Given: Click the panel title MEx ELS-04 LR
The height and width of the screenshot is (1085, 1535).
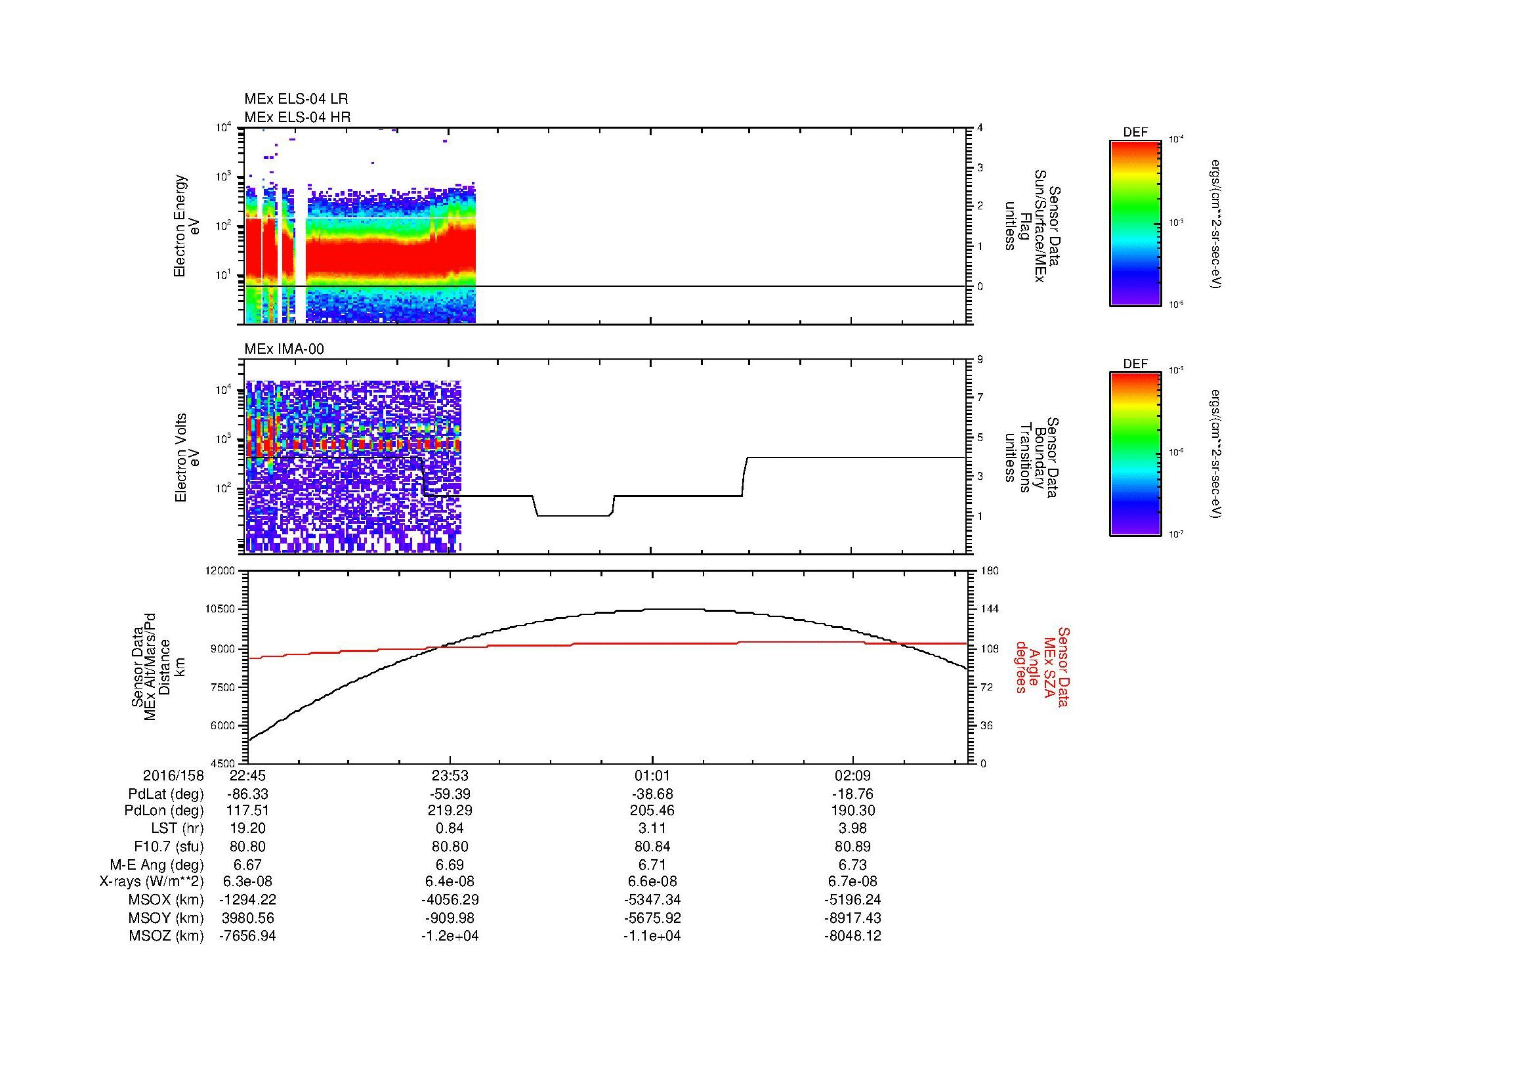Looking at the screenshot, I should coord(295,99).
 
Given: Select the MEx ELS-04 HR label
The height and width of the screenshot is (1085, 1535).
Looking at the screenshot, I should coord(297,117).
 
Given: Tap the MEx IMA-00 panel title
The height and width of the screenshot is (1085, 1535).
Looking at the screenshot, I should coord(284,349).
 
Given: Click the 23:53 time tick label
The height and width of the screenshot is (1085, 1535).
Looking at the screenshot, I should coord(450,776).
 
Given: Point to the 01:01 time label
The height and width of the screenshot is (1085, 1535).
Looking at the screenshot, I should coord(652,776).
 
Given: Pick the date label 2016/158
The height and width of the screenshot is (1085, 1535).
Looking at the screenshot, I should coord(173,776).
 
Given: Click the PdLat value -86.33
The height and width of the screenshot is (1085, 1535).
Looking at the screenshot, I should coord(248,794).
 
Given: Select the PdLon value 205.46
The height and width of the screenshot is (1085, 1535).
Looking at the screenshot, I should coord(652,811).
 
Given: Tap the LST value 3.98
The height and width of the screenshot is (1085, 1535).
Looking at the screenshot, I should coord(853,829).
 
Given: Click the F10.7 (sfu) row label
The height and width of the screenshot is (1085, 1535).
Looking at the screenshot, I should coord(168,846).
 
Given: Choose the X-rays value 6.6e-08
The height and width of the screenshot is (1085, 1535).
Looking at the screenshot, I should coord(652,882).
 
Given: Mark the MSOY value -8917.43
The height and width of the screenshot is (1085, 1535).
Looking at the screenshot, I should coord(853,918).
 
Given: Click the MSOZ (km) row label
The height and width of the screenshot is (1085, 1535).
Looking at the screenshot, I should coord(166,936).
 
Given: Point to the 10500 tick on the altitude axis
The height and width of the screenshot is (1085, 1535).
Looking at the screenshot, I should coord(222,609).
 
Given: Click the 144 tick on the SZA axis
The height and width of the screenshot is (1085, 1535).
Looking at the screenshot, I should coord(989,609).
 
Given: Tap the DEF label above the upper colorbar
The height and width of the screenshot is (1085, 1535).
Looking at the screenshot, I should coord(1135,133).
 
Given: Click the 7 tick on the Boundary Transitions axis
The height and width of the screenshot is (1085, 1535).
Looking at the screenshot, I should coord(980,398).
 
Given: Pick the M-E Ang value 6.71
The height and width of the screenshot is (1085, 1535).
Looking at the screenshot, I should coord(652,864).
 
